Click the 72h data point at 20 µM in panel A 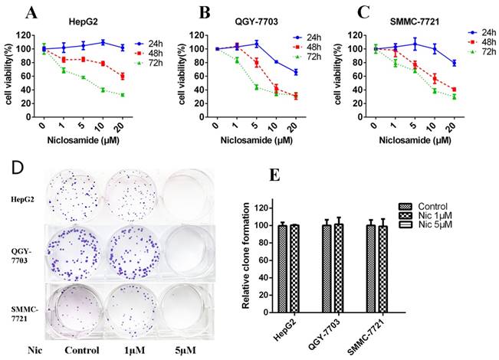click(121, 95)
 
